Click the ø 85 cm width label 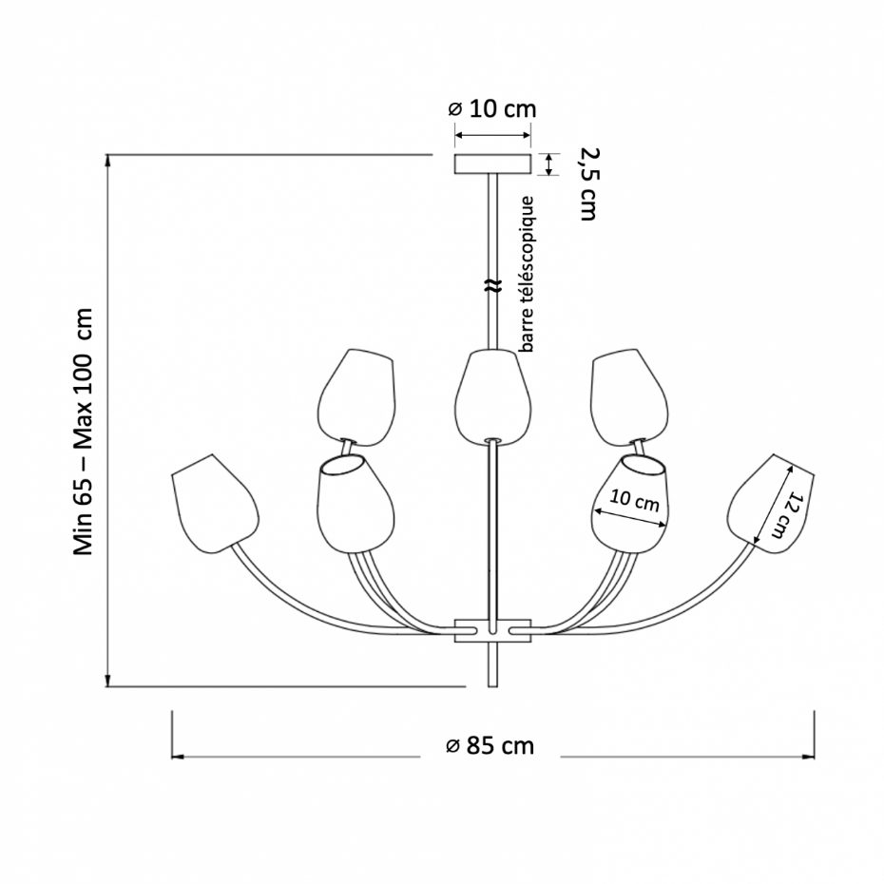coord(490,746)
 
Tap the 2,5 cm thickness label coord(588,183)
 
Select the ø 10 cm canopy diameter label coord(492,108)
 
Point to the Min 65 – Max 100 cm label coord(84,432)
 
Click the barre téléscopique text coord(527,274)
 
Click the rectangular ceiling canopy coord(492,164)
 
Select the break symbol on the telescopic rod coord(492,286)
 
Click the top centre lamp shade coord(492,397)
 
